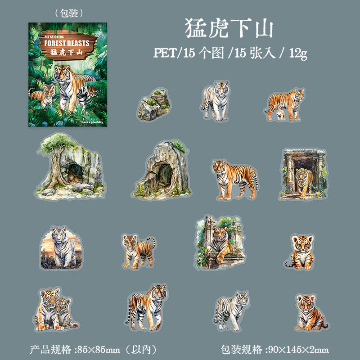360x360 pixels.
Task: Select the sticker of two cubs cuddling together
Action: [55, 308]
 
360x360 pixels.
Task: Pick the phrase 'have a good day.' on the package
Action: [93, 121]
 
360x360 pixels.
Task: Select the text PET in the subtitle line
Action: [165, 53]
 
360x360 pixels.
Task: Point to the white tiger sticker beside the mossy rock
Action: [215, 101]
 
